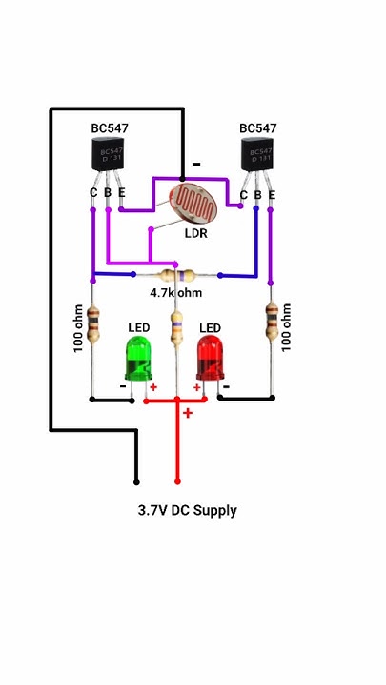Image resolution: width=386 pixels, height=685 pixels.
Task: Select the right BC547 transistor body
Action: tap(257, 153)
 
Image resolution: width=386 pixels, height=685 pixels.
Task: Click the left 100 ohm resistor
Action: tap(92, 324)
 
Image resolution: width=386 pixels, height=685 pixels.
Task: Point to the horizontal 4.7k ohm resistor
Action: tap(176, 274)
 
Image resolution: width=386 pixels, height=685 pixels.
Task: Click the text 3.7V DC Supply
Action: tap(187, 511)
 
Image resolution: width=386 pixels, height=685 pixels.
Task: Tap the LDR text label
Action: tap(196, 233)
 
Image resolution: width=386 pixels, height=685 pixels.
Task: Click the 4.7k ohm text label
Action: tap(176, 293)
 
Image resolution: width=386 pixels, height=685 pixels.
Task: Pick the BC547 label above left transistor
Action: tap(110, 127)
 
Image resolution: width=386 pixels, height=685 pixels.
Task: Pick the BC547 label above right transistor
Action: tap(258, 127)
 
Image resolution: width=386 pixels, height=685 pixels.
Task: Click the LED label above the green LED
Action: tap(139, 328)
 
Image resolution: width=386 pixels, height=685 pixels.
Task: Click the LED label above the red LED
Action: tap(210, 328)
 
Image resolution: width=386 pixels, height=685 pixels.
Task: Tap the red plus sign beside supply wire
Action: tap(188, 413)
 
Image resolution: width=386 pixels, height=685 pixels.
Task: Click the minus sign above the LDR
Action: tap(196, 164)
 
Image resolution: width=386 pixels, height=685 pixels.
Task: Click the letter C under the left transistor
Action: tap(93, 193)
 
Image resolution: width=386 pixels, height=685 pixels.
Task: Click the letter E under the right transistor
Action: tap(273, 195)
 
